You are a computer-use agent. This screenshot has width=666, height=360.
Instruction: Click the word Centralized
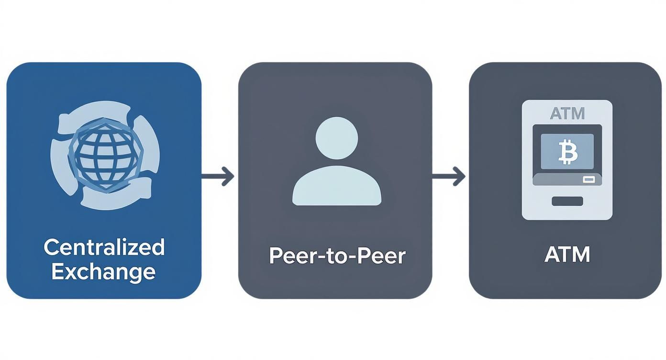tap(104, 247)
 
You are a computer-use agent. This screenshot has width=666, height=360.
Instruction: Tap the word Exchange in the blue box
tap(103, 271)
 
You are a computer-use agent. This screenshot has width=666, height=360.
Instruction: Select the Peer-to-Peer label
tap(337, 256)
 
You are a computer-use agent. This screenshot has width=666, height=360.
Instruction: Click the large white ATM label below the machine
tap(567, 254)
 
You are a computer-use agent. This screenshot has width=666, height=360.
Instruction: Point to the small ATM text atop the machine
tap(567, 113)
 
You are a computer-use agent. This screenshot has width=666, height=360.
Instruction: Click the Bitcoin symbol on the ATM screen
tap(567, 152)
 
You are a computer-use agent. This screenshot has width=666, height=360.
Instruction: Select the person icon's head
tap(337, 138)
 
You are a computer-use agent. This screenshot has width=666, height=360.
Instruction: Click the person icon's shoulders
tap(337, 188)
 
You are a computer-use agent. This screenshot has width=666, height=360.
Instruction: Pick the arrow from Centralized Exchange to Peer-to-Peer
tap(218, 177)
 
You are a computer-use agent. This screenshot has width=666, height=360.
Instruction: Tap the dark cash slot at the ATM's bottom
tap(567, 201)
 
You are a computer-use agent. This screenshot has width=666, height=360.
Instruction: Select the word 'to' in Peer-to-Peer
tap(337, 256)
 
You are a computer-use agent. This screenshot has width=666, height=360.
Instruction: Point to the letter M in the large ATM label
tap(580, 254)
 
